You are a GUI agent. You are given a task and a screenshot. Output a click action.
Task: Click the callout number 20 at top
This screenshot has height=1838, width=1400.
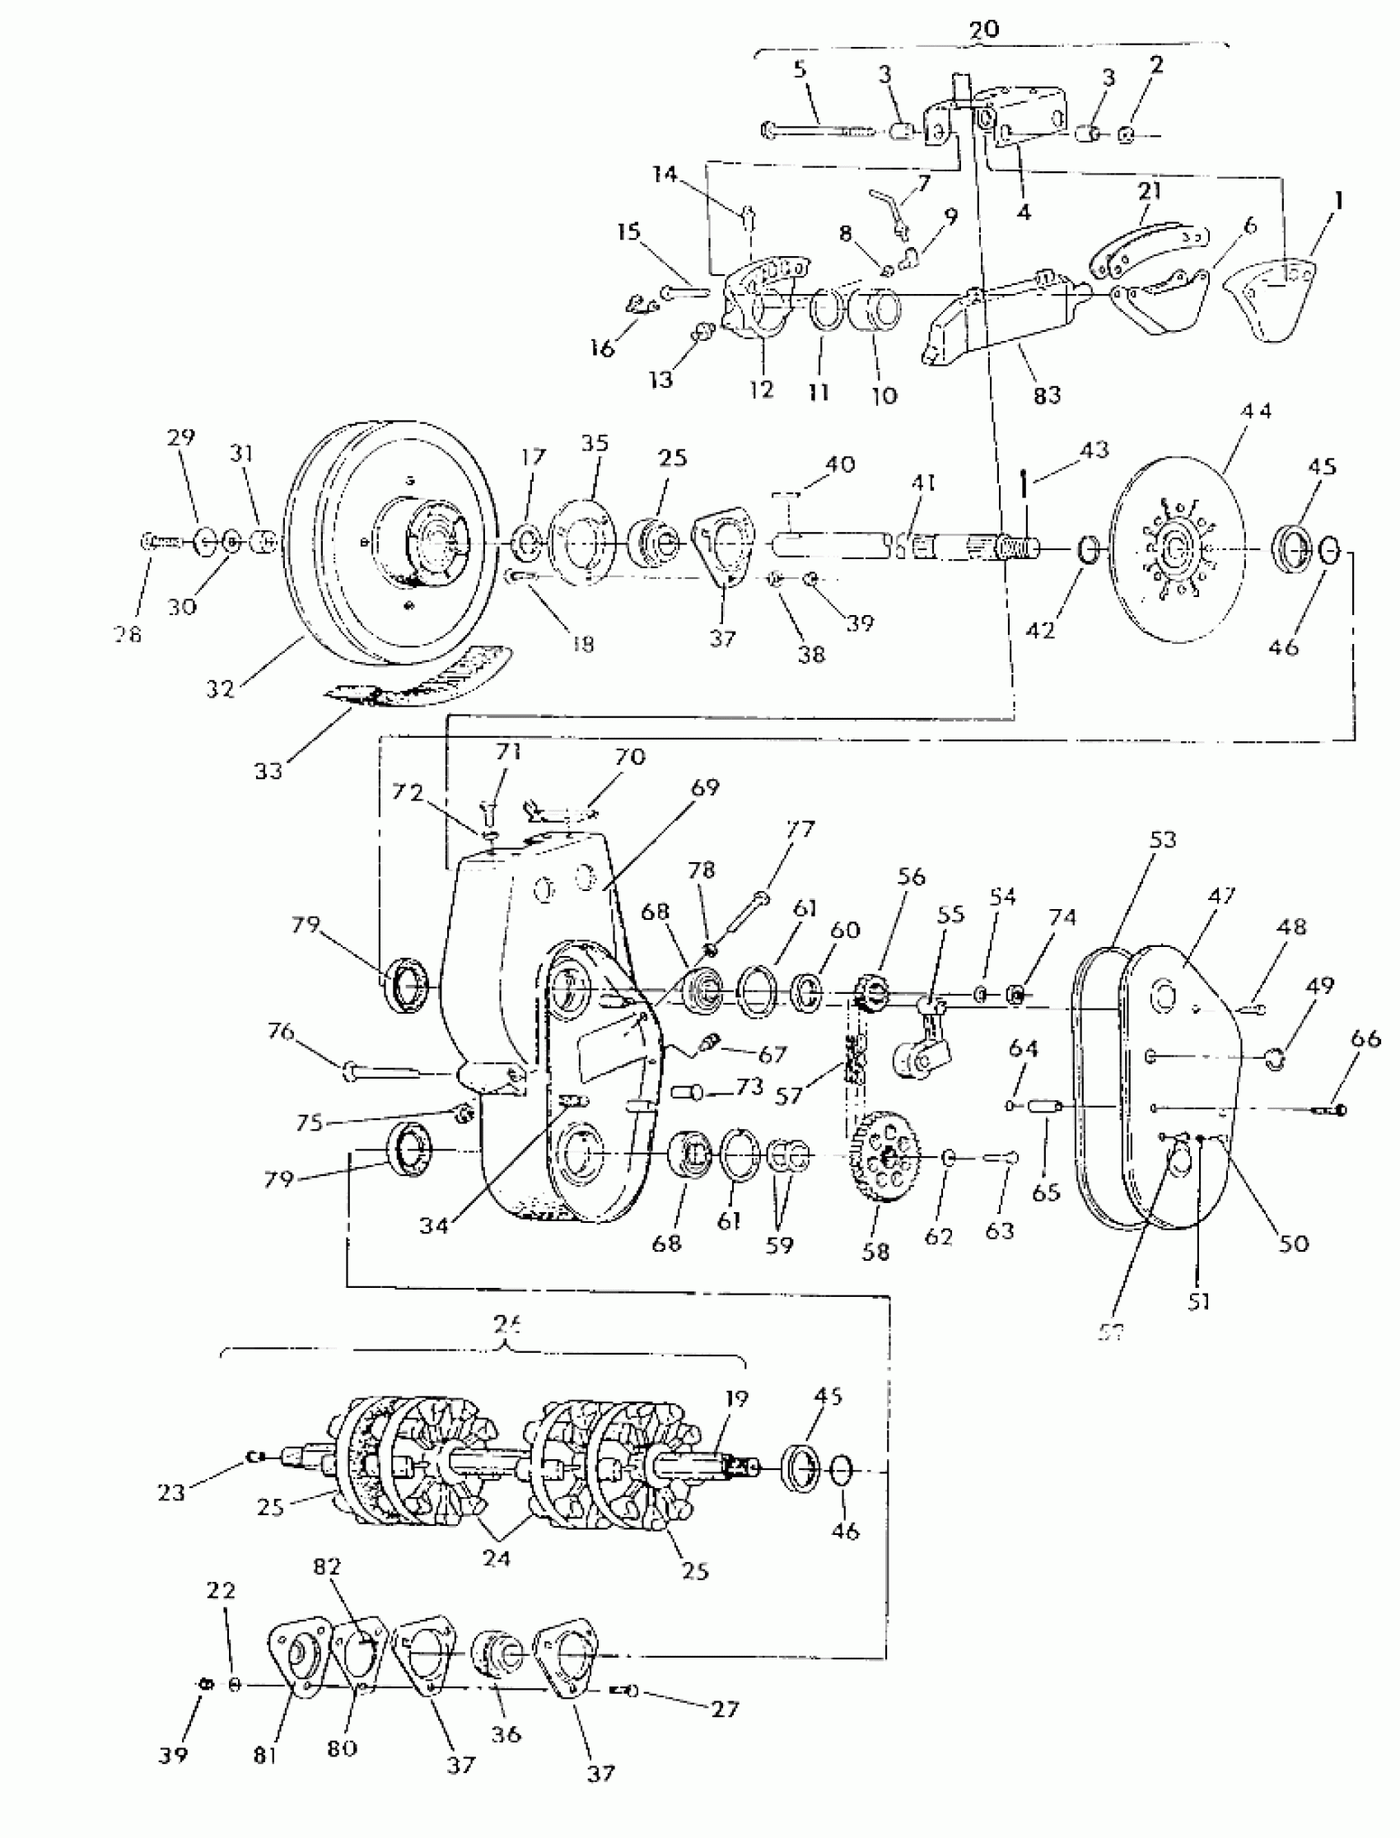pyautogui.click(x=983, y=30)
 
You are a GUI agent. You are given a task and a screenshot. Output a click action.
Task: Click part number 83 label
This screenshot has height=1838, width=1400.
pyautogui.click(x=1047, y=395)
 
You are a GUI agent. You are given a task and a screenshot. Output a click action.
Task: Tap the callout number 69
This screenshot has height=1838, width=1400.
pyautogui.click(x=705, y=786)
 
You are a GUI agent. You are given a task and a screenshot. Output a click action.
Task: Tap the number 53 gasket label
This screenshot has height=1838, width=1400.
pyautogui.click(x=1163, y=840)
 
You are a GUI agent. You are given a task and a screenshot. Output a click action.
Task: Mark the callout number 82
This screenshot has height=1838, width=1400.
pyautogui.click(x=327, y=1566)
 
